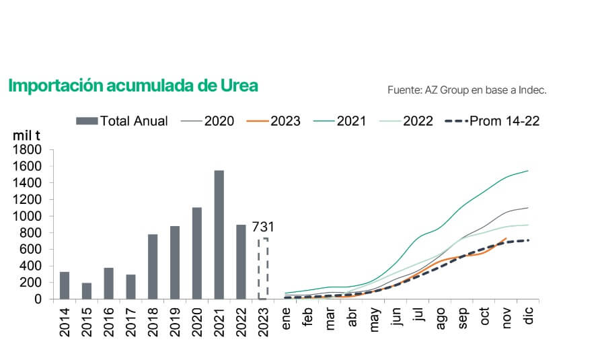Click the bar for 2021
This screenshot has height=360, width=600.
pyautogui.click(x=219, y=234)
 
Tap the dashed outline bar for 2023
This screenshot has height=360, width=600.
pyautogui.click(x=263, y=268)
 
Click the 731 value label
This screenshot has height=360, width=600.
pyautogui.click(x=263, y=227)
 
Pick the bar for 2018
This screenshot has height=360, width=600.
pyautogui.click(x=153, y=266)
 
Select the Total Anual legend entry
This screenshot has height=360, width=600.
pyautogui.click(x=122, y=121)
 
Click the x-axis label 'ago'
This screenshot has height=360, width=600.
pyautogui.click(x=441, y=316)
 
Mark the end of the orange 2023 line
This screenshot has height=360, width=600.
pyautogui.click(x=506, y=238)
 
